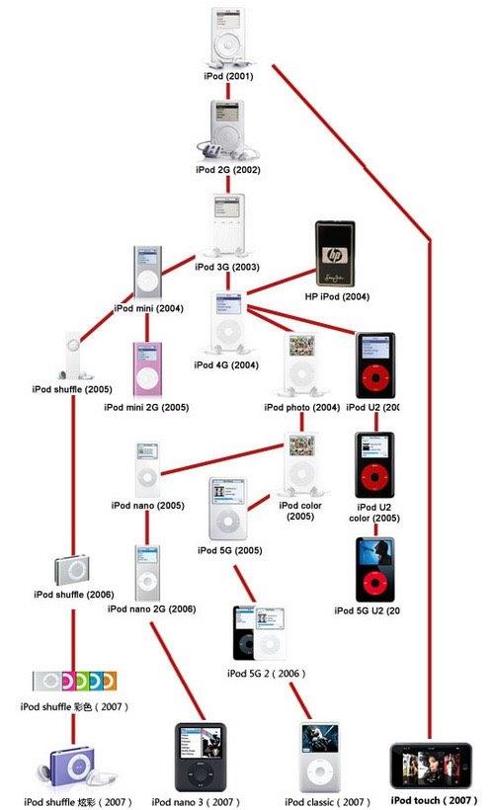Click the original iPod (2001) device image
click(227, 37)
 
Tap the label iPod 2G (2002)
click(226, 169)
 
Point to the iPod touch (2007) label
click(432, 800)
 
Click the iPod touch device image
click(433, 766)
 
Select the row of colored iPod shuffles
click(74, 681)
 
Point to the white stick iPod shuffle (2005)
click(72, 358)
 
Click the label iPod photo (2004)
click(301, 407)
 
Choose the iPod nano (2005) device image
click(146, 470)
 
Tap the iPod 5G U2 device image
click(374, 569)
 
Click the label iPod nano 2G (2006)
click(152, 609)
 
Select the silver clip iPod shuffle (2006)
click(72, 571)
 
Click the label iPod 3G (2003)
click(226, 267)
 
